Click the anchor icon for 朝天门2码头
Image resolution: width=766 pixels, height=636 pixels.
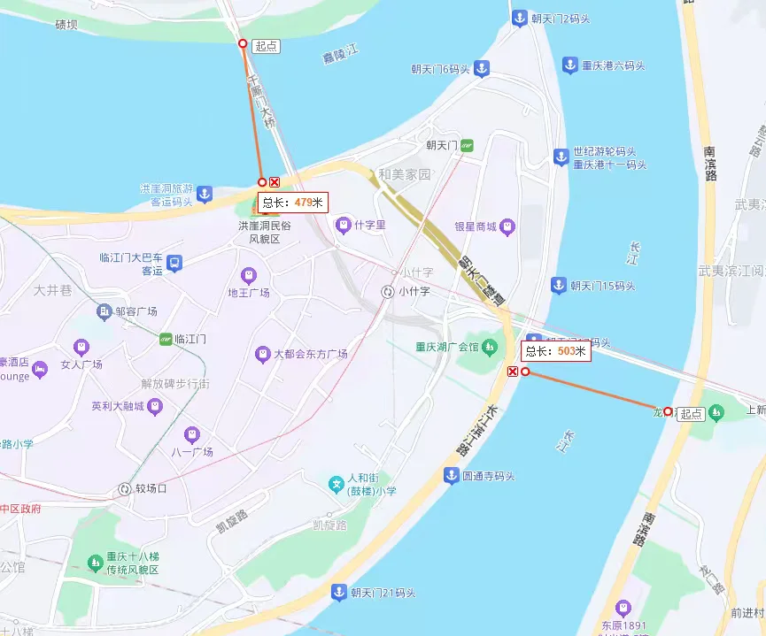518,18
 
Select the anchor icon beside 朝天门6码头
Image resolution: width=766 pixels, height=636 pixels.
481,68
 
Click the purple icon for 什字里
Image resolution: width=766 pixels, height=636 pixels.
342,226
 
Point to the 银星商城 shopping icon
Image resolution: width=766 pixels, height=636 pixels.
507,226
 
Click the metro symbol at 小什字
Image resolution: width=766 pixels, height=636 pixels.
387,291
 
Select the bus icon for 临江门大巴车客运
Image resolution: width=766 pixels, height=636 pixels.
175,263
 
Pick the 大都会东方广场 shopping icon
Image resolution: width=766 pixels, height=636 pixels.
262,354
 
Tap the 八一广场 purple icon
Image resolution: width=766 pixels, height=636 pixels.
191,434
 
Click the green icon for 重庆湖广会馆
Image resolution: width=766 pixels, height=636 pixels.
490,346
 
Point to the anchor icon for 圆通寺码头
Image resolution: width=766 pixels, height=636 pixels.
451,476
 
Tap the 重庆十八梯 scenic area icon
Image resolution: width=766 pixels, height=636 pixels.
95,562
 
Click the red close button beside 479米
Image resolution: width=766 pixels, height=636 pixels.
275,182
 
